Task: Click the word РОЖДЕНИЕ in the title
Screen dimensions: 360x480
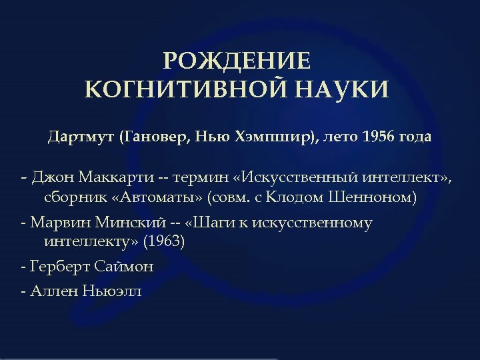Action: point(237,61)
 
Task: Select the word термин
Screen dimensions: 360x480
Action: point(198,178)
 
